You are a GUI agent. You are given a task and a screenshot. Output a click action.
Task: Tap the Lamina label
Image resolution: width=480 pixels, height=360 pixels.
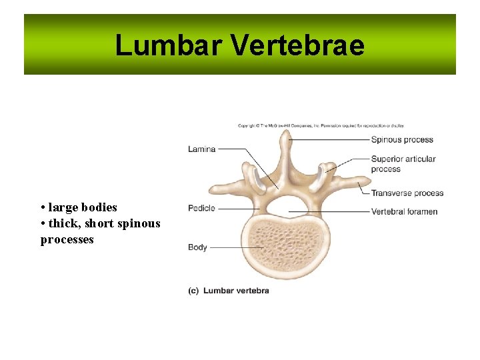point(201,149)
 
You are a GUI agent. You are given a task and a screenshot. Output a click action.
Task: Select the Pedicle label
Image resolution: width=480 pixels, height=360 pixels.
point(201,208)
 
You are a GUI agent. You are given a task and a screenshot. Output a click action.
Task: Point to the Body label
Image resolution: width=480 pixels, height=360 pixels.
point(197,247)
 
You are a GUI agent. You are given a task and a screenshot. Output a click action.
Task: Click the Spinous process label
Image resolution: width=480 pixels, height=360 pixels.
point(402,140)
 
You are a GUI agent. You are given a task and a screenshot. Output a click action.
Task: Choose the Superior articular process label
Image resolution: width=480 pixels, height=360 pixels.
point(403,164)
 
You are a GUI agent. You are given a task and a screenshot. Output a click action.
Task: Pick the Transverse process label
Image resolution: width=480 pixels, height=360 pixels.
point(407,193)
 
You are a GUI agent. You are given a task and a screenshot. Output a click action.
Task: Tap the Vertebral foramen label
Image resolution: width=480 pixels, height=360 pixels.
point(404,212)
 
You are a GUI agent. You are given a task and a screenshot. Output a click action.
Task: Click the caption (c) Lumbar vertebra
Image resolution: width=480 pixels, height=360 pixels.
point(229,291)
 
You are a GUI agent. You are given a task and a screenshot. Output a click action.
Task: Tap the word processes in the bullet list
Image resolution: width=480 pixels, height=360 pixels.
point(67,239)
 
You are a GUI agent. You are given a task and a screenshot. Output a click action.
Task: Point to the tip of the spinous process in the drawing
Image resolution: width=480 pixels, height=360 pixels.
point(285,133)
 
